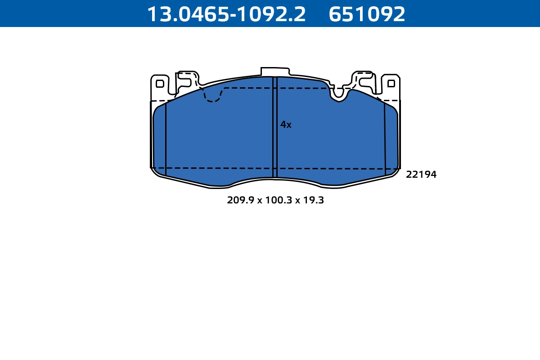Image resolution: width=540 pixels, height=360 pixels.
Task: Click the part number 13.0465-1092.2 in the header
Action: coord(226,14)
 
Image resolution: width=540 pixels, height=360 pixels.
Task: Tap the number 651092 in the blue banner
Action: coord(367,14)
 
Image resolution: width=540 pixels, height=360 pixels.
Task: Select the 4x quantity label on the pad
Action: coord(286,125)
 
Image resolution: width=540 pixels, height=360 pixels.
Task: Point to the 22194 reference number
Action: coord(421,175)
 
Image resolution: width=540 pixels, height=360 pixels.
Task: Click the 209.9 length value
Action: coord(240,201)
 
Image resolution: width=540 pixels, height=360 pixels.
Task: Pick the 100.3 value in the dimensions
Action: coord(278,201)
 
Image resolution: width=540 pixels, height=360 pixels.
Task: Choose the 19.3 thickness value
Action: coord(314,201)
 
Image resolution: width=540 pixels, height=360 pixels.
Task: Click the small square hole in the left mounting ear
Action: coord(160,84)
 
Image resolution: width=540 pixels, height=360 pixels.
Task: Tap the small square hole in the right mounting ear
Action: coord(391,83)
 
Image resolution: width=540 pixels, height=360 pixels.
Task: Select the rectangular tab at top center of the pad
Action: coord(274,72)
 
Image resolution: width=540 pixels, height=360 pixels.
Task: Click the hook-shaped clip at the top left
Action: coord(186,78)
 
